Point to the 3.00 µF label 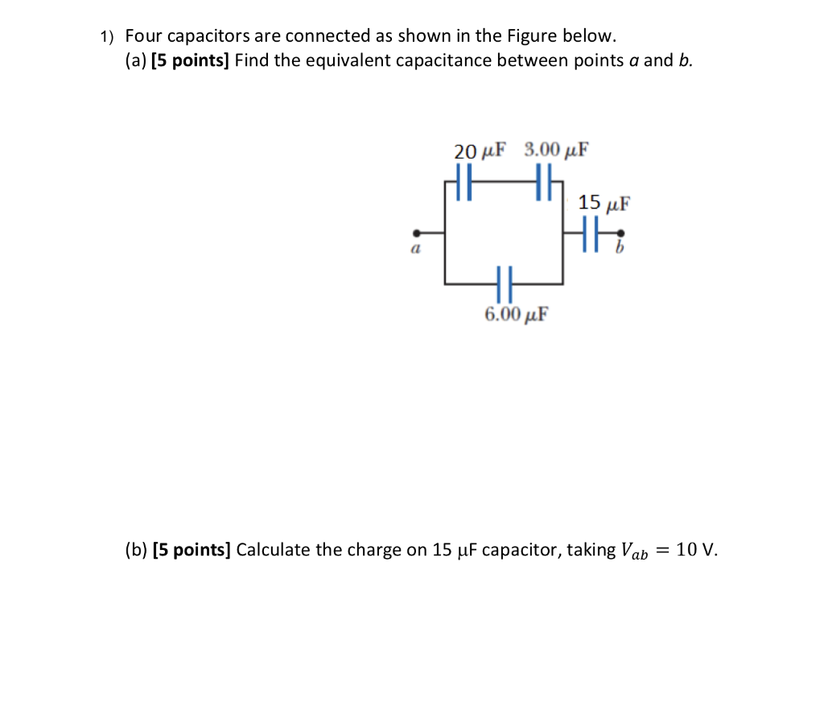pos(556,150)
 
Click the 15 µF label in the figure pos(604,202)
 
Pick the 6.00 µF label pos(517,314)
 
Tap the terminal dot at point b pos(620,233)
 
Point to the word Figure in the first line pos(531,36)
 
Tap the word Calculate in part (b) pos(274,551)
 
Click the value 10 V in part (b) pos(695,551)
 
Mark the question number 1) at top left pos(108,37)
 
